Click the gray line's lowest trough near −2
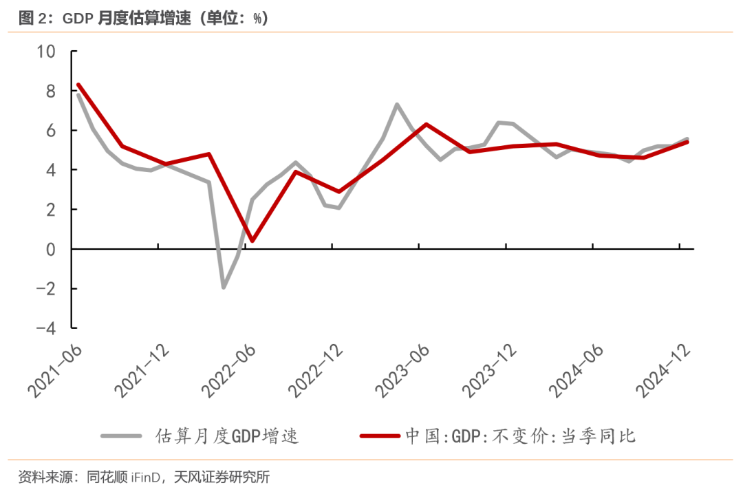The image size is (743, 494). tap(224, 287)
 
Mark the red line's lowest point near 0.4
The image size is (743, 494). tap(252, 241)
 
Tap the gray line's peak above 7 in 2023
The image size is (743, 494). tap(397, 105)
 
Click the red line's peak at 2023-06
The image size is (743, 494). tap(427, 125)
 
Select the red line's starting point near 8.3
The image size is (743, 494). tap(78, 85)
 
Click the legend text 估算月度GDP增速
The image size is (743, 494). tap(228, 436)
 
